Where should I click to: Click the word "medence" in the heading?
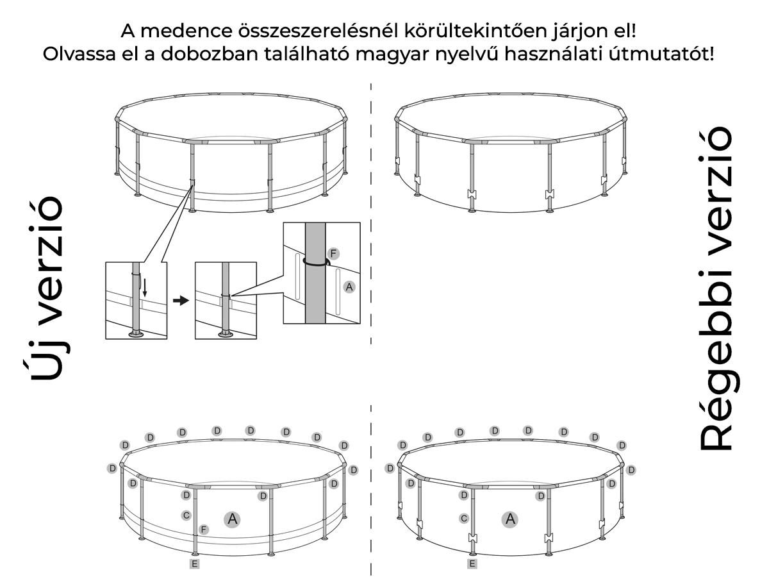tap(186, 31)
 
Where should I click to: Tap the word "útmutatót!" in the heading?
tap(661, 54)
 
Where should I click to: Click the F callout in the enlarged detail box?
tap(333, 253)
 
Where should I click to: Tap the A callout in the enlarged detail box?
tap(349, 287)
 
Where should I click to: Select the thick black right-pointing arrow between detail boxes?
tap(181, 301)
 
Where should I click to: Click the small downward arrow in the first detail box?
tap(145, 288)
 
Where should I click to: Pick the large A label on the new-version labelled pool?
tap(232, 519)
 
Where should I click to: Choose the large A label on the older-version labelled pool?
tap(510, 519)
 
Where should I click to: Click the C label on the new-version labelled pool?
tap(186, 515)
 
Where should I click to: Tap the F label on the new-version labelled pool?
tap(204, 530)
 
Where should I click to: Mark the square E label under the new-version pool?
tap(194, 564)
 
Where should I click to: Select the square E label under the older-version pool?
tap(472, 564)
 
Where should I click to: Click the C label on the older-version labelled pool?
tap(464, 519)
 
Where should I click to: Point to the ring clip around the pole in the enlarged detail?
tap(317, 263)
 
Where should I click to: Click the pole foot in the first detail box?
tap(136, 334)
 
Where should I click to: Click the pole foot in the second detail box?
tap(226, 334)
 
